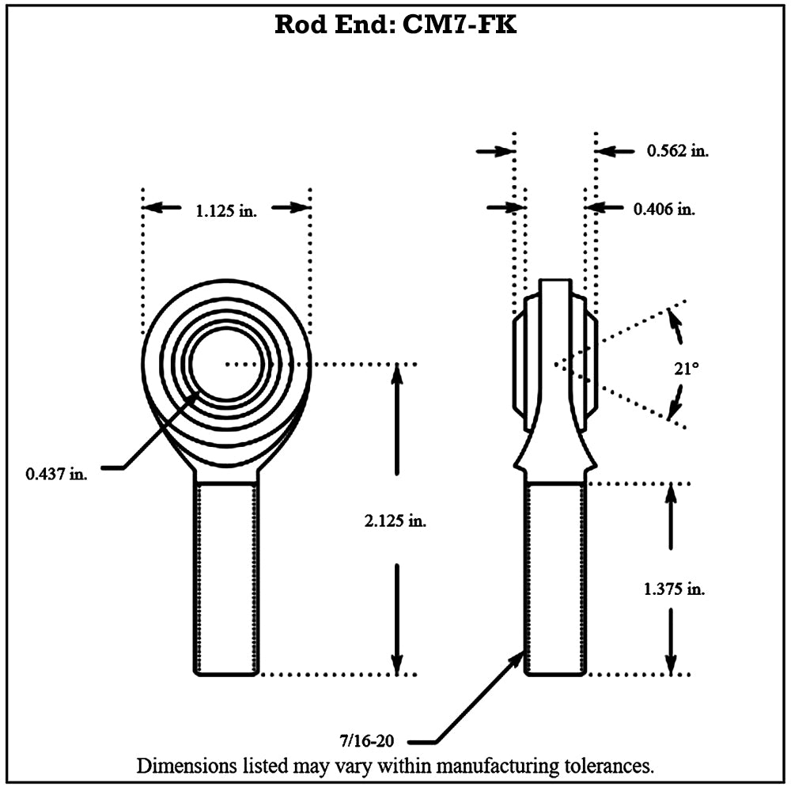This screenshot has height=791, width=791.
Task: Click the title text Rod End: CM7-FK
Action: click(x=395, y=25)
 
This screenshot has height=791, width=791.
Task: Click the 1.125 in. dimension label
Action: click(x=226, y=210)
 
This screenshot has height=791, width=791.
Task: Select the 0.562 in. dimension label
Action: click(x=678, y=150)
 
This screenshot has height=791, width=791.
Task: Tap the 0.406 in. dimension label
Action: click(x=664, y=208)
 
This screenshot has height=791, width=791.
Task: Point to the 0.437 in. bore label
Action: click(x=56, y=474)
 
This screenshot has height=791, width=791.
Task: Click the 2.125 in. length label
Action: click(x=395, y=520)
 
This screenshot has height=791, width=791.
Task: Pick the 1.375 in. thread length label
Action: click(x=675, y=589)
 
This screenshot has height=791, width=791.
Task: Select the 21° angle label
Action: click(x=687, y=369)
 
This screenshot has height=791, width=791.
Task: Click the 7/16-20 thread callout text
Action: click(x=367, y=740)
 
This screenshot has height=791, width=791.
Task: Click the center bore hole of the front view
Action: click(x=226, y=364)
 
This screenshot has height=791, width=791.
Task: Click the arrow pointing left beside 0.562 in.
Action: click(x=615, y=151)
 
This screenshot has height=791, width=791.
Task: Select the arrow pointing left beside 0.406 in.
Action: click(x=604, y=207)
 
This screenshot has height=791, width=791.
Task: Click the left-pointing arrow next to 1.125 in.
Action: click(x=162, y=206)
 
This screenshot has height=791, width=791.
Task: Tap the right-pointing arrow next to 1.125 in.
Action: click(x=290, y=206)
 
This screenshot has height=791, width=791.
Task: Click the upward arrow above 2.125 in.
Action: click(x=397, y=419)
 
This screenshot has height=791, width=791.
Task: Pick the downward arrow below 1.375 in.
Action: click(x=671, y=642)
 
